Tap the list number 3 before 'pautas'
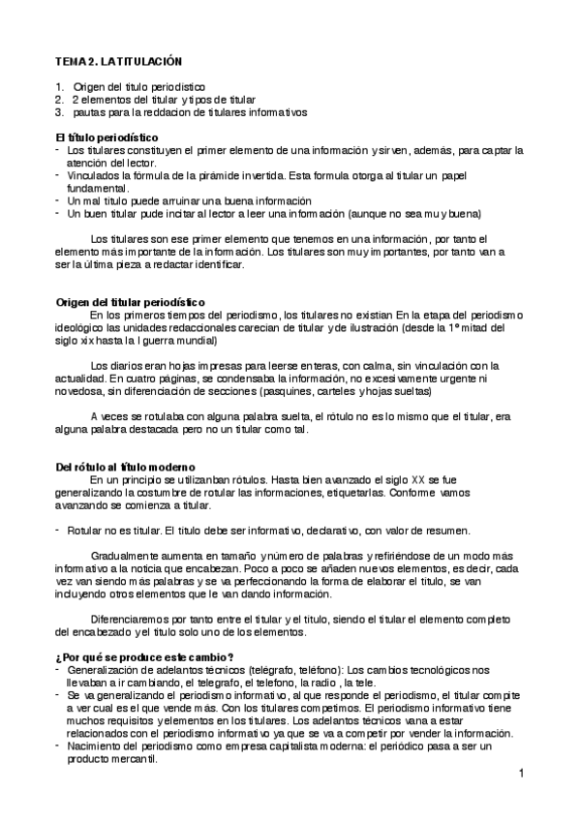[58, 112]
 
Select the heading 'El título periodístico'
[107, 137]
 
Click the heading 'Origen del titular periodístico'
[129, 303]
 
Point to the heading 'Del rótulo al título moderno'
[126, 467]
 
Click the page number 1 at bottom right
[520, 774]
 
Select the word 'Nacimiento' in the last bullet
[98, 746]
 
